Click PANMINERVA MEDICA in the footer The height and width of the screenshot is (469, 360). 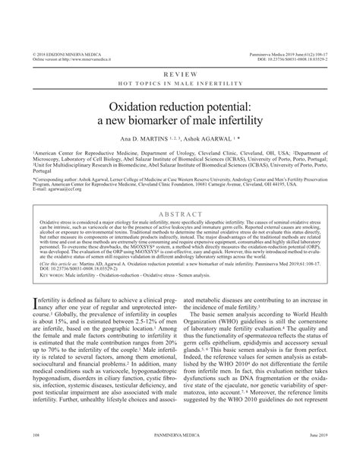click(x=179, y=458)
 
